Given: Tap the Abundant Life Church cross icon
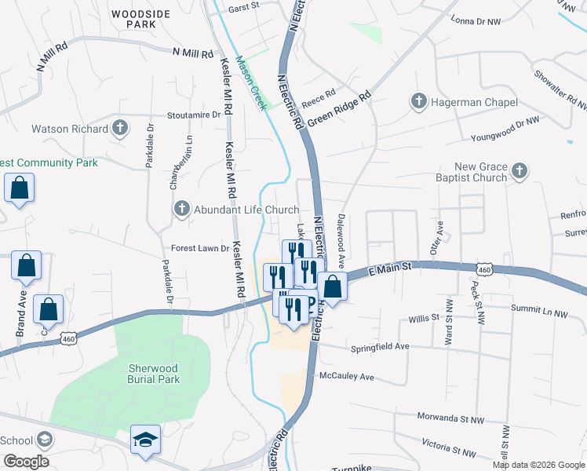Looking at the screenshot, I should tap(181, 210).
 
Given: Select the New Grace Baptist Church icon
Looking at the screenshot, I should tap(519, 170).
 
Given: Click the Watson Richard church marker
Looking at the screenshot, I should tap(120, 128).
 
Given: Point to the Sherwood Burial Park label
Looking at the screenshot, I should tap(155, 374).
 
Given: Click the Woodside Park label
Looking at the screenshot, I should tap(134, 19).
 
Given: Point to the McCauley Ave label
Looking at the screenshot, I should tap(346, 377).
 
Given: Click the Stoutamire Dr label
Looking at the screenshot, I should tap(194, 115).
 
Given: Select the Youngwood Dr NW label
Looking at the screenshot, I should tap(505, 130).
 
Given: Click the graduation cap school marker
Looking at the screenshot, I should tap(145, 438).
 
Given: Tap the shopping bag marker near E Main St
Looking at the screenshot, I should tap(333, 287).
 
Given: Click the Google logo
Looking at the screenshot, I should tap(25, 462).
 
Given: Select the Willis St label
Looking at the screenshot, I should tap(424, 319).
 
